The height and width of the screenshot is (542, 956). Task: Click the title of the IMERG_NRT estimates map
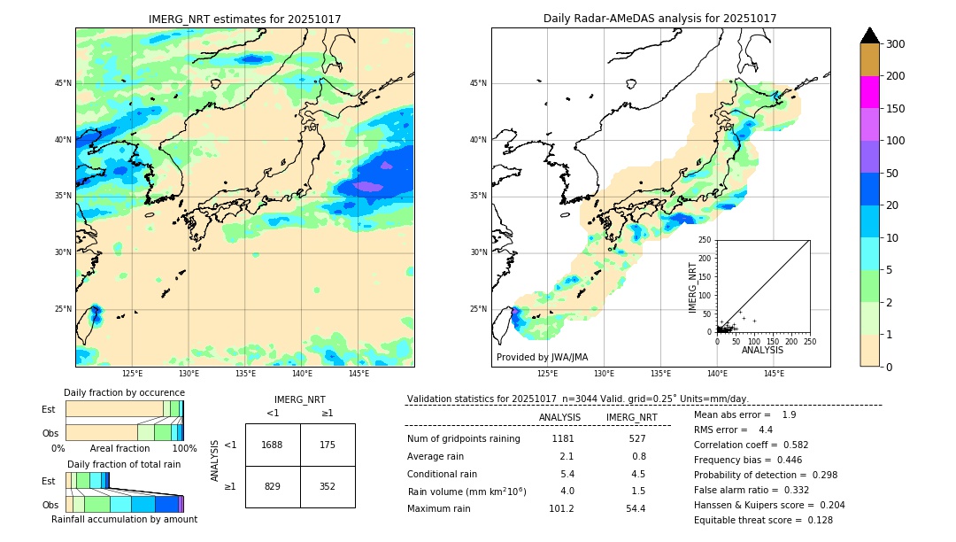tap(244, 19)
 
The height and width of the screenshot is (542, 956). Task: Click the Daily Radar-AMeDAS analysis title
tap(659, 19)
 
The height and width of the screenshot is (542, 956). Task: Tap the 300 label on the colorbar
tap(895, 44)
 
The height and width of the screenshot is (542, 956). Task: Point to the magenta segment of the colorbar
tap(869, 92)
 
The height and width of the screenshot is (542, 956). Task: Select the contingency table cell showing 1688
tap(273, 445)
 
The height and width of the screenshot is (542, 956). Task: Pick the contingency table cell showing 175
tap(328, 445)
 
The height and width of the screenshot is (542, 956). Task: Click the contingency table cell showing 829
tap(273, 486)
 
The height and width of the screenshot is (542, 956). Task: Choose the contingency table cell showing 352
tap(328, 486)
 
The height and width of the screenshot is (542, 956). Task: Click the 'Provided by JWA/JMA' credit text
tap(542, 358)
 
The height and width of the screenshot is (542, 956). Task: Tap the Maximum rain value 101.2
tap(561, 508)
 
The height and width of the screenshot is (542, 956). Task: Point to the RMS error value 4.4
tap(766, 430)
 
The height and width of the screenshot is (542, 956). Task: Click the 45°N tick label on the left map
tap(63, 83)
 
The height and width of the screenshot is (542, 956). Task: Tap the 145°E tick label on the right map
tap(774, 374)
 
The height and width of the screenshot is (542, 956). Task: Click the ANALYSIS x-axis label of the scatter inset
tap(762, 350)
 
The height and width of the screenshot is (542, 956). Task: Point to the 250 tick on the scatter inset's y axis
tap(705, 240)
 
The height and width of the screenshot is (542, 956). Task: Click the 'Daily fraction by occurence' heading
tap(124, 392)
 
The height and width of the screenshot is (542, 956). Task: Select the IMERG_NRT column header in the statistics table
tap(631, 417)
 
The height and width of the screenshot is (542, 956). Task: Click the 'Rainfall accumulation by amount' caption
tap(124, 519)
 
